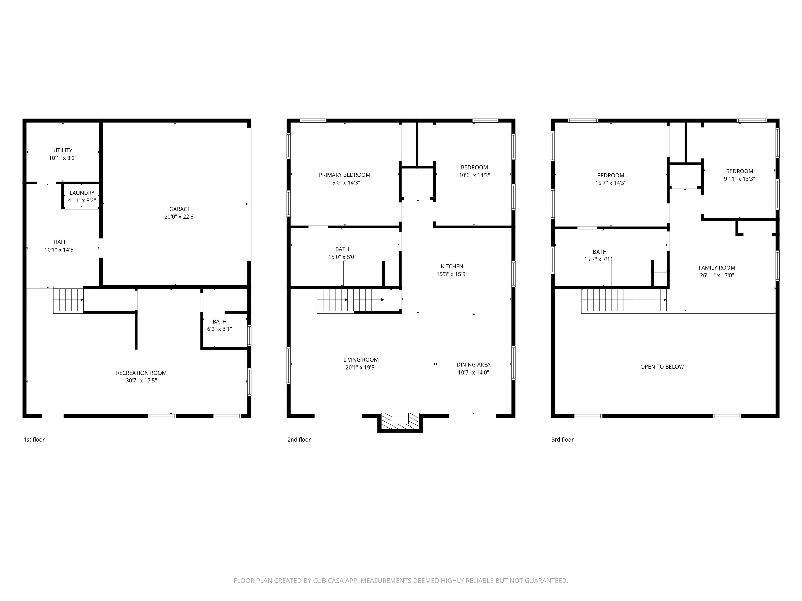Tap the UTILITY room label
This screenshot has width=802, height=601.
coord(63,150)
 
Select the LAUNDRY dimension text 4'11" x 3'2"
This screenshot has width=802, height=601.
coord(82,201)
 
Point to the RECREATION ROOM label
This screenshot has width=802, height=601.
coord(141,373)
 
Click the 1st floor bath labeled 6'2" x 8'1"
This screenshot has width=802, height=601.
coord(219,325)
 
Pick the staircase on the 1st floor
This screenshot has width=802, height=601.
coord(68,300)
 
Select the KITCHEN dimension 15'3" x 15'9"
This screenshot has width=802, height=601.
coord(452,274)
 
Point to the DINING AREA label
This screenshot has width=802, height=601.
coord(473,365)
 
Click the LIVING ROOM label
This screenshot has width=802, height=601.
coord(361,360)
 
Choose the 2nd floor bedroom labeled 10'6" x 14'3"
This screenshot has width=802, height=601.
coord(474,171)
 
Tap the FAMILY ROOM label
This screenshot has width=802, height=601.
coord(717,268)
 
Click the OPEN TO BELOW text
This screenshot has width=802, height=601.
coord(662,366)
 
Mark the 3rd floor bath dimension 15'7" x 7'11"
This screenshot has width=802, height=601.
coord(600,259)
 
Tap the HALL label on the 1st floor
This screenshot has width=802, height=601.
coord(60,242)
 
